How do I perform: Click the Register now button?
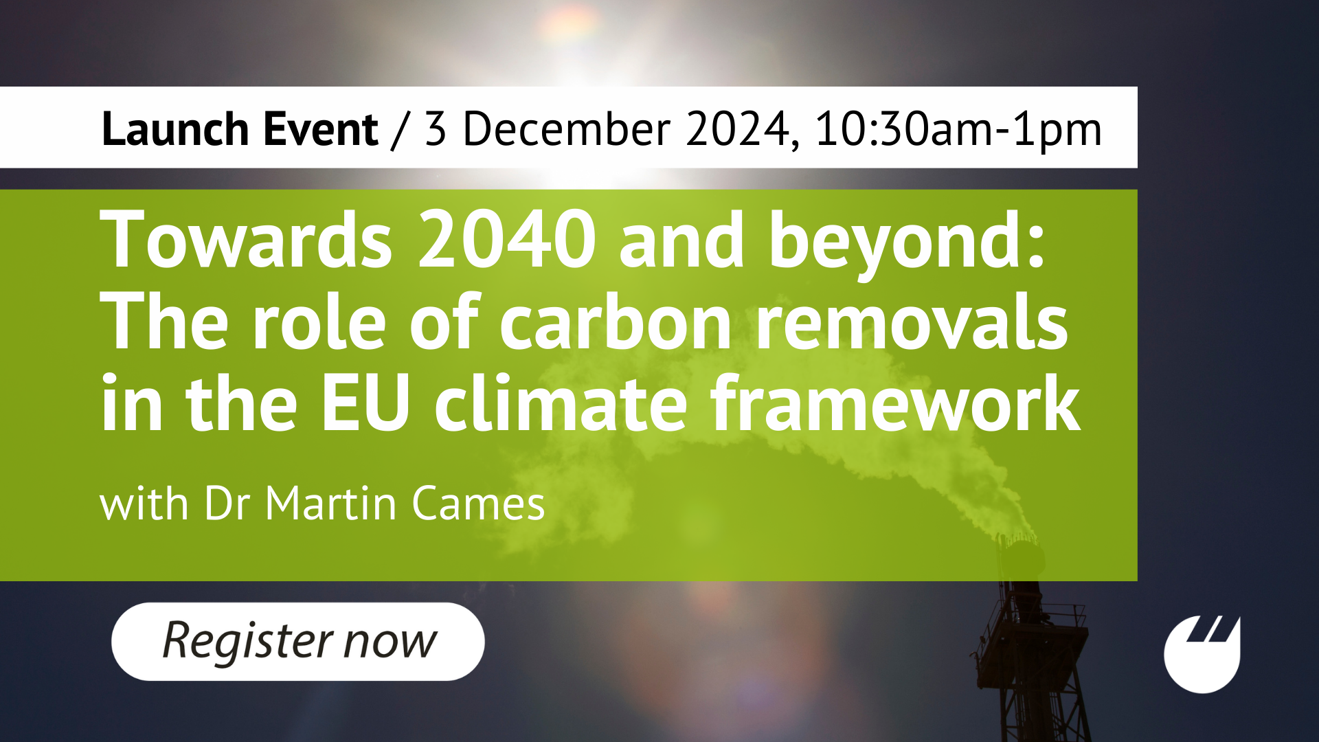tap(297, 641)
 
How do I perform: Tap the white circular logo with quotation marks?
tap(1202, 654)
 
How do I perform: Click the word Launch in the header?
tap(175, 128)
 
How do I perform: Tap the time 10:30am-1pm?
tap(958, 130)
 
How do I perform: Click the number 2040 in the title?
tap(507, 240)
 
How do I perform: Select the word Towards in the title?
tap(247, 238)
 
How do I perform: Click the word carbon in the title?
tap(615, 322)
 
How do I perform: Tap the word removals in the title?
tap(911, 322)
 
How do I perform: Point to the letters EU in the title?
tap(365, 403)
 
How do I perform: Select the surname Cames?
tap(478, 504)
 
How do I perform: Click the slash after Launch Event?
tap(399, 130)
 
